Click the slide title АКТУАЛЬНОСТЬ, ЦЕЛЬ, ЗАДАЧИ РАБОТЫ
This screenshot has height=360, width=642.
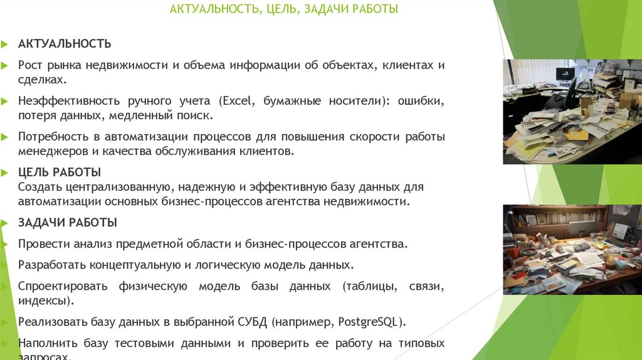click(x=284, y=9)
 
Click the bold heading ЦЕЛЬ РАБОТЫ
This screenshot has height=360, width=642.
click(x=60, y=172)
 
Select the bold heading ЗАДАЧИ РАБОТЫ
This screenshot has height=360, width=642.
click(x=68, y=223)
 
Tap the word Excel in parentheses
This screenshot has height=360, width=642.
click(x=237, y=101)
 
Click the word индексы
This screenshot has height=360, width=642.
click(x=42, y=301)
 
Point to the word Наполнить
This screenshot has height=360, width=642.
click(x=45, y=344)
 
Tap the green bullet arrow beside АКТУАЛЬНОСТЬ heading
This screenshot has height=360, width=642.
click(x=4, y=44)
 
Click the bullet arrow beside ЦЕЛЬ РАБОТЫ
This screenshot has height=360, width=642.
click(x=4, y=172)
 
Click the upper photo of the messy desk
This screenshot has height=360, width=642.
click(x=572, y=112)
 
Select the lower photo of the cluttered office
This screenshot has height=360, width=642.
click(x=572, y=249)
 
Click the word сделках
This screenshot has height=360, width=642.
click(x=41, y=80)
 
